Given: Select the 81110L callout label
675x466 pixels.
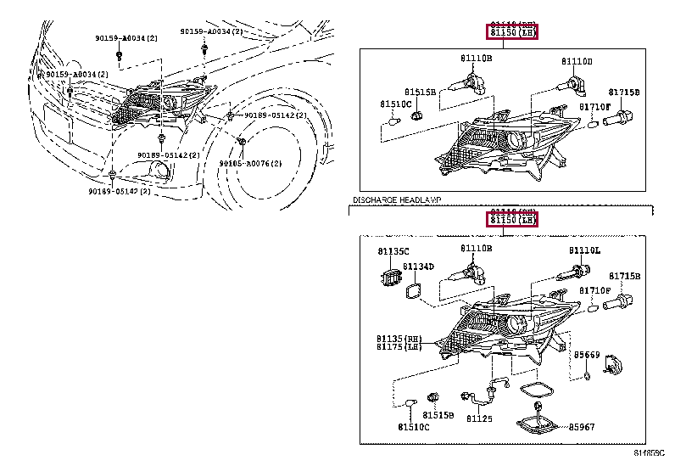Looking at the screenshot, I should tap(583, 251).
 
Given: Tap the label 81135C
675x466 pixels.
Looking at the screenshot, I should tap(393, 252).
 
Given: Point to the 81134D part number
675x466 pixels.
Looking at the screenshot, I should tap(418, 267).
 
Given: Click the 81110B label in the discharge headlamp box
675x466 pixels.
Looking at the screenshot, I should tap(476, 249).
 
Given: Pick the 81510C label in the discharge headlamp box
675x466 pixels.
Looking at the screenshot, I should tap(415, 427).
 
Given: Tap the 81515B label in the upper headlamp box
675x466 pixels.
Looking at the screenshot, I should tap(420, 91).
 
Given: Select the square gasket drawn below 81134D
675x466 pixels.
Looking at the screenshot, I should tap(415, 289).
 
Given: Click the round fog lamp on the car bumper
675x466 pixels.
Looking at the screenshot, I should tap(159, 176).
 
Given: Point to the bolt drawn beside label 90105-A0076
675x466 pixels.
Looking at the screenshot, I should tap(242, 141).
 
